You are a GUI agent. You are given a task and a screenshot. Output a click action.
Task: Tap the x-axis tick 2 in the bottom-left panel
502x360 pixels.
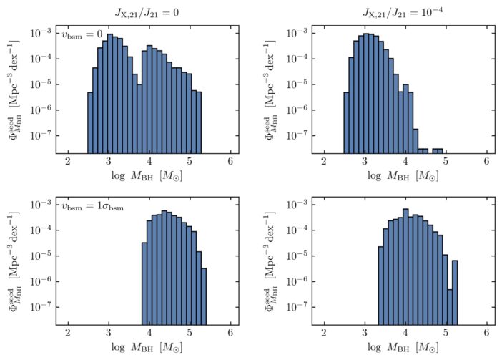coord(68,334)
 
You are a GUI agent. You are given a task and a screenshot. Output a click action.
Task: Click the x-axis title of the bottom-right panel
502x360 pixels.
coord(405,349)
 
